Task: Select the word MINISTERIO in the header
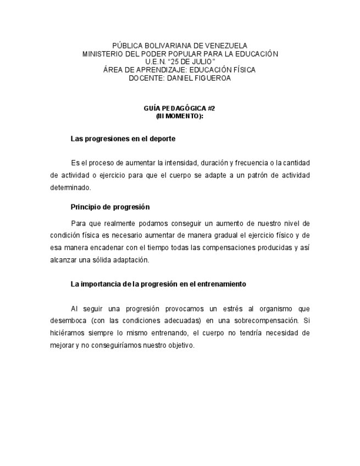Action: pos(103,54)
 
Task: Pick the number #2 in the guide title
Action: pos(212,109)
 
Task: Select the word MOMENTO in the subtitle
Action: pos(184,116)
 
